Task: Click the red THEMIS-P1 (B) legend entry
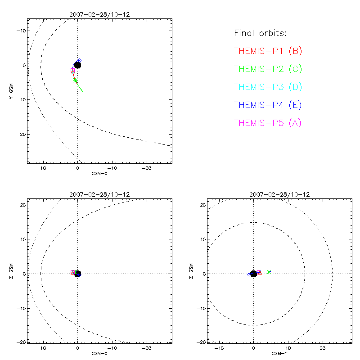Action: [x=268, y=51]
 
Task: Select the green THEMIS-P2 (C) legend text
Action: [x=268, y=69]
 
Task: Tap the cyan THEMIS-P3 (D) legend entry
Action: [x=268, y=87]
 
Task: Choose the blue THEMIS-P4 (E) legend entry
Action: [x=268, y=105]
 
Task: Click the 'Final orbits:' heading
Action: [x=260, y=34]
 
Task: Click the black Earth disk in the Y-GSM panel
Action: [x=77, y=65]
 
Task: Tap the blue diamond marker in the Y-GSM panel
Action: [x=79, y=61]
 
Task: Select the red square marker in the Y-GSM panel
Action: [x=72, y=71]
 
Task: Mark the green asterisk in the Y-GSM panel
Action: [x=75, y=81]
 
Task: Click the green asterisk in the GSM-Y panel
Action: [x=269, y=271]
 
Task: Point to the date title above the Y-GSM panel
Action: [x=99, y=14]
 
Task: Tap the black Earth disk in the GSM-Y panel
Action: [x=254, y=274]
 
